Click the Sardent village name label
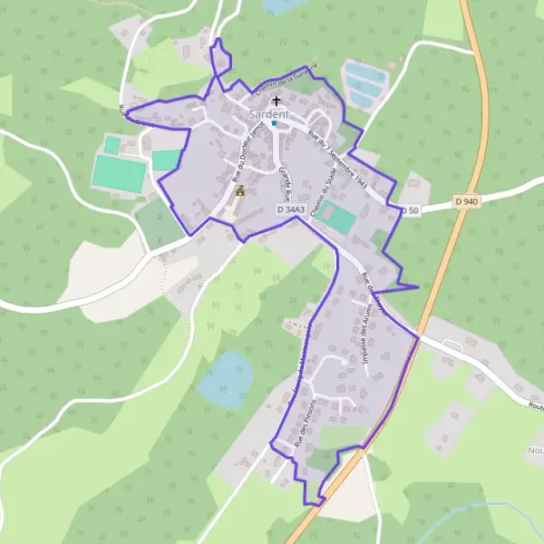(268, 114)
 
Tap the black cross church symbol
(276, 102)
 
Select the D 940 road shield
(467, 200)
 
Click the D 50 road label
(413, 210)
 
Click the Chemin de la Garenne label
(286, 82)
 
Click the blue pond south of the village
(224, 378)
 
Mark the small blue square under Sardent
(274, 124)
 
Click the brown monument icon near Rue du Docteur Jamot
(239, 191)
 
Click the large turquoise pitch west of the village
(119, 173)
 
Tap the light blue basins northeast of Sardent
(364, 83)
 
